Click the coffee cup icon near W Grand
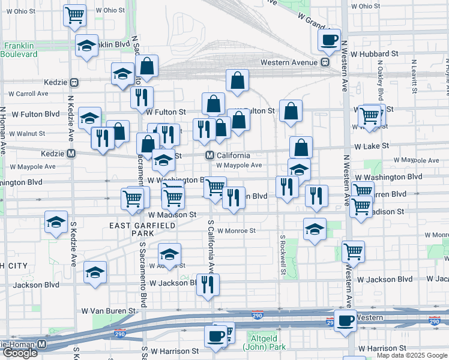pos(329,41)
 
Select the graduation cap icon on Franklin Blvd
pos(86,46)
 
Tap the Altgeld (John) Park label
pos(264,343)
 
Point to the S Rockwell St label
pos(282,251)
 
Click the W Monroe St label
pos(237,230)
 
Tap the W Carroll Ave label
pos(28,94)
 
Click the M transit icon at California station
pos(210,155)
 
